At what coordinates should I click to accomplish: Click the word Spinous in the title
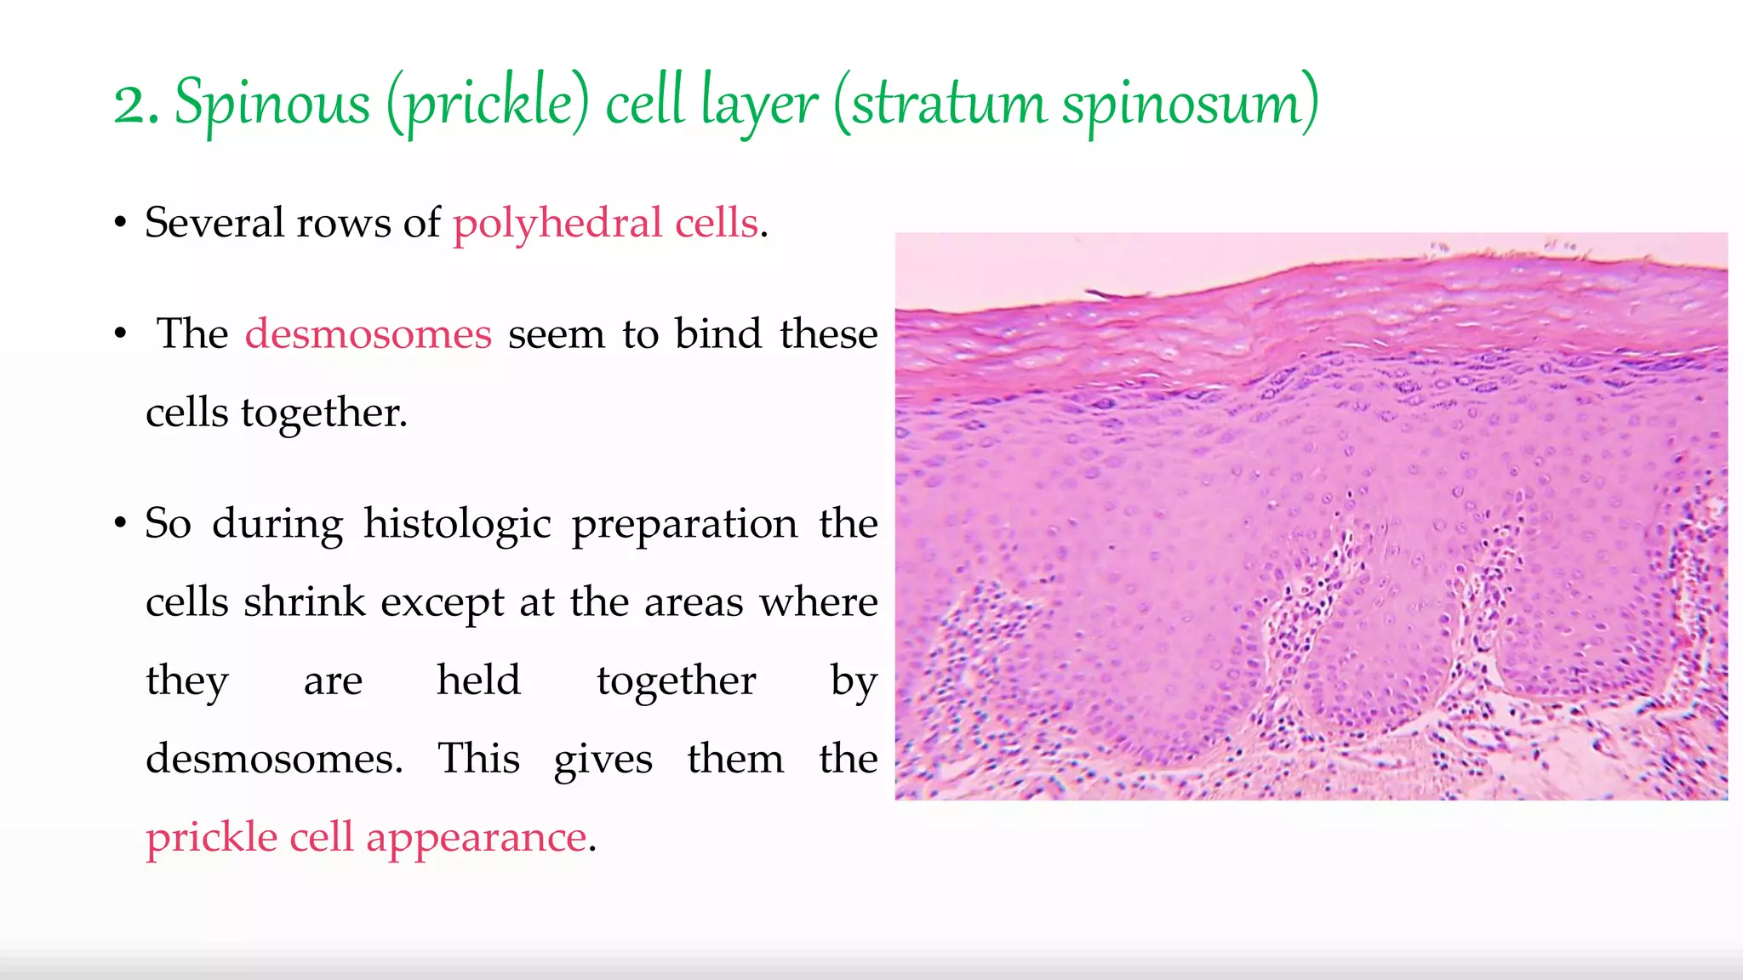pos(271,104)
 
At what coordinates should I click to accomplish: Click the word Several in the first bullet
pos(214,223)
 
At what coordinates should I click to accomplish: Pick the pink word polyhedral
pos(557,223)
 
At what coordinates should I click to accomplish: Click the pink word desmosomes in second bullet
pos(369,333)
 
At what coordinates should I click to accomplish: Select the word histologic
pos(458,523)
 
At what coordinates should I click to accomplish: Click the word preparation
pos(684,523)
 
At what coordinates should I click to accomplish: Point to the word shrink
pos(304,602)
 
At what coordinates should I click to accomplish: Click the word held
pos(478,681)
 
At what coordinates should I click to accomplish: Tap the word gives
pos(603,759)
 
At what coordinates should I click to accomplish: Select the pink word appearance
pos(476,838)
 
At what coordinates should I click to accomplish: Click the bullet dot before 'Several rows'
pos(121,224)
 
